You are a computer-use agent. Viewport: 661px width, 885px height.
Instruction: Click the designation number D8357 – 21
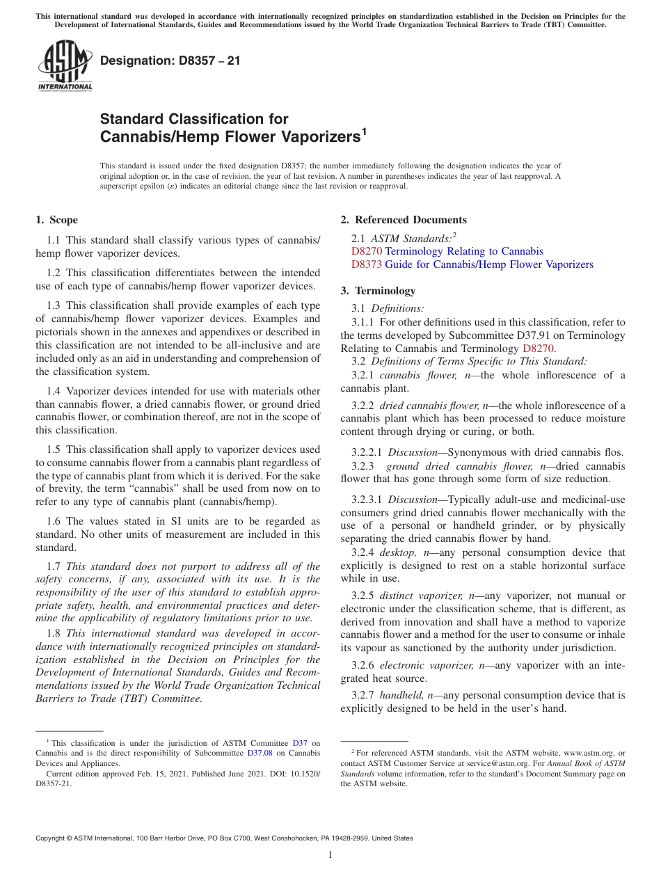[170, 61]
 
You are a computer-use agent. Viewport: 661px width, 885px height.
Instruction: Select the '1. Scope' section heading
[57, 220]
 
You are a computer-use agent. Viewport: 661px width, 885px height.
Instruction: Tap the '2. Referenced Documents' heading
[404, 220]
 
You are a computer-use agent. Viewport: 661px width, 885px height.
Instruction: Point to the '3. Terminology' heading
[378, 291]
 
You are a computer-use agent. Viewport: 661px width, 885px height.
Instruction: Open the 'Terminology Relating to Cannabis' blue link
[464, 251]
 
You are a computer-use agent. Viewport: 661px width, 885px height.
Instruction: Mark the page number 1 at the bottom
[330, 854]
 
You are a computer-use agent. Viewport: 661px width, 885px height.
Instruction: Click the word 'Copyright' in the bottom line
[53, 838]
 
